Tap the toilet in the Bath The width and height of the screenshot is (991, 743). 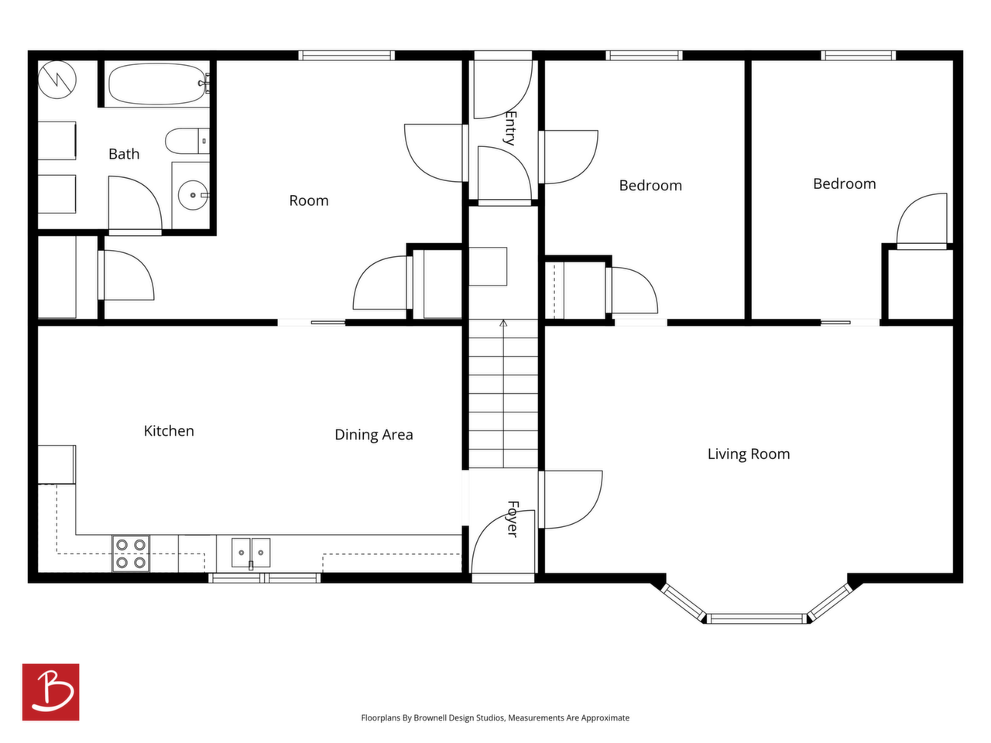pyautogui.click(x=187, y=141)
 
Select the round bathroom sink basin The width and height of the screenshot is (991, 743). pyautogui.click(x=193, y=195)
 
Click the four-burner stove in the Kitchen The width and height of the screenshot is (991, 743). pyautogui.click(x=131, y=553)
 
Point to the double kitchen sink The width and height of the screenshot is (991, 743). pyautogui.click(x=251, y=552)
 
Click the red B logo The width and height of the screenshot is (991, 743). pyautogui.click(x=50, y=692)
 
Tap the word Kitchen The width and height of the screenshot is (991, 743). pyautogui.click(x=169, y=431)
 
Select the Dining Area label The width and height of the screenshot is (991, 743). pyautogui.click(x=374, y=434)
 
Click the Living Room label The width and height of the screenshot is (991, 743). pyautogui.click(x=749, y=454)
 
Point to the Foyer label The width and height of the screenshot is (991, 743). pyautogui.click(x=513, y=519)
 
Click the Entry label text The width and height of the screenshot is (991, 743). pyautogui.click(x=510, y=128)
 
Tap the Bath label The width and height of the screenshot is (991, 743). pyautogui.click(x=124, y=154)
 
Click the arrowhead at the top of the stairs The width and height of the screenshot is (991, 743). pyautogui.click(x=503, y=323)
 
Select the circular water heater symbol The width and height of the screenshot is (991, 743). pyautogui.click(x=57, y=80)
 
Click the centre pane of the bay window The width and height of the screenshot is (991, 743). pyautogui.click(x=756, y=618)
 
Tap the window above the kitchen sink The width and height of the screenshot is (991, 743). pyautogui.click(x=265, y=577)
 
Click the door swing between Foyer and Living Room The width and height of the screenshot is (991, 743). pyautogui.click(x=574, y=499)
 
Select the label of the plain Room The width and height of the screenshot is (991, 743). pyautogui.click(x=309, y=200)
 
